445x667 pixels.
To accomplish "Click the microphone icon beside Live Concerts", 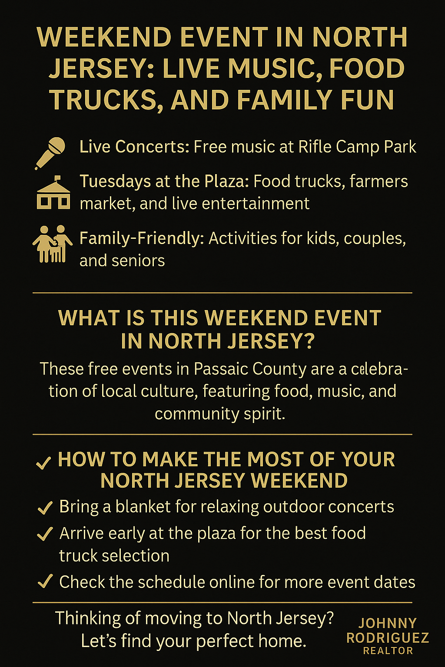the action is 50,153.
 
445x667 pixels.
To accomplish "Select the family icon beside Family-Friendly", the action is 53,244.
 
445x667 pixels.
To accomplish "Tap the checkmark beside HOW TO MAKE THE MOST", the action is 43,462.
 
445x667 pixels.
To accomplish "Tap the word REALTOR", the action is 388,650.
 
